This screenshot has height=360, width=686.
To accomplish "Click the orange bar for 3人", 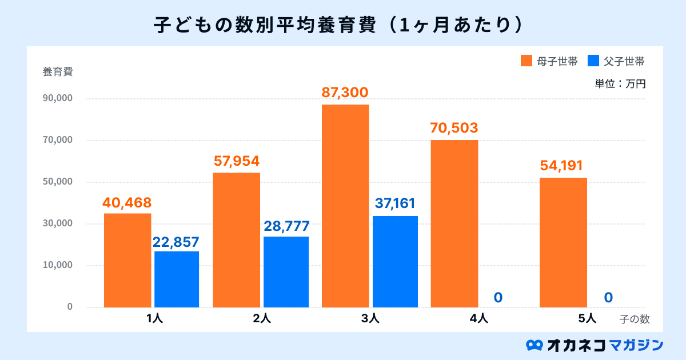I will click(345, 206).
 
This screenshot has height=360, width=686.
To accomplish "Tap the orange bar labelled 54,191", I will click(563, 242).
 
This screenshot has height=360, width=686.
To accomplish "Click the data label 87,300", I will click(345, 93).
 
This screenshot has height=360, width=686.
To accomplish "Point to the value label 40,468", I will click(127, 202).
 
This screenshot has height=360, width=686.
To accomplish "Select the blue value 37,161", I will click(395, 203).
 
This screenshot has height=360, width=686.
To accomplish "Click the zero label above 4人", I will click(498, 297).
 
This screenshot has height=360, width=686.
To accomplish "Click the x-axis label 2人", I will click(262, 319).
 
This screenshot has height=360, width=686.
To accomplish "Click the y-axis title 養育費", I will click(57, 72).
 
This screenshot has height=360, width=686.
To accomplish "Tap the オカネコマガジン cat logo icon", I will click(534, 345).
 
